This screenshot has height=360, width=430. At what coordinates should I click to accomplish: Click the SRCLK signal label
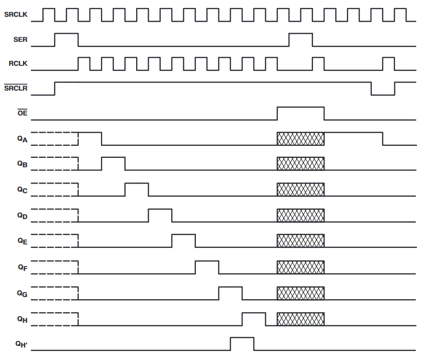tap(16, 15)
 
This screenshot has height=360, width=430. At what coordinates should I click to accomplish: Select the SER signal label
tap(21, 40)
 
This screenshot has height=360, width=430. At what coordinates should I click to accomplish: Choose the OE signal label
tap(23, 114)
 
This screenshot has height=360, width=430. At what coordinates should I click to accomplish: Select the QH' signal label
tap(21, 344)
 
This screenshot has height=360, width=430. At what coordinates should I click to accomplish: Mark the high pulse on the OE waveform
tap(300, 113)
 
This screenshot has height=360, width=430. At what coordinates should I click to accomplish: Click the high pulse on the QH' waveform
tap(242, 344)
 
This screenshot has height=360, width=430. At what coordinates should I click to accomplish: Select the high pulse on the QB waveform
tap(113, 164)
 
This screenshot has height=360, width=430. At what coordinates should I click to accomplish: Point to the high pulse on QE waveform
tap(183, 240)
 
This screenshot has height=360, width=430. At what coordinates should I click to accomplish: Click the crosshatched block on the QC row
tap(300, 190)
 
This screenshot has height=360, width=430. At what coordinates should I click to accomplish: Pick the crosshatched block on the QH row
tap(300, 318)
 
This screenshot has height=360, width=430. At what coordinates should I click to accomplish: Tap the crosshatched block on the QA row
tap(300, 138)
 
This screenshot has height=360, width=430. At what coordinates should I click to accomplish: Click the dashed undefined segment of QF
tap(55, 267)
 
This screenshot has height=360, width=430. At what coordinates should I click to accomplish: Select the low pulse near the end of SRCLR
tap(383, 89)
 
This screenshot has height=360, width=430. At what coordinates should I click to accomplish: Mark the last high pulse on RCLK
tap(388, 63)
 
